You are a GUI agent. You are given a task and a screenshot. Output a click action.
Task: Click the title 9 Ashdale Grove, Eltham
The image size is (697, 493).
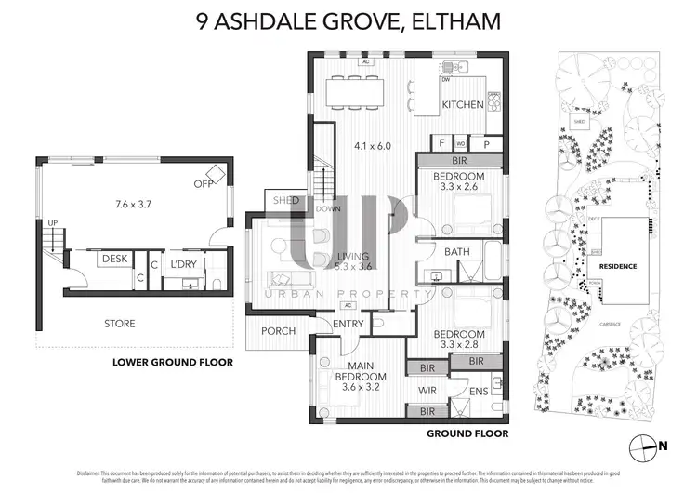click(x=348, y=20)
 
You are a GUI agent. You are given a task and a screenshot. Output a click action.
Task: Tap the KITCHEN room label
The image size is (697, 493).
click(x=462, y=105)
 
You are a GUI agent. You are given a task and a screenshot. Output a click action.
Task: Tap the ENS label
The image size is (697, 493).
click(x=479, y=392)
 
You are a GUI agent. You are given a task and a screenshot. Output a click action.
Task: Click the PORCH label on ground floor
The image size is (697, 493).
click(x=279, y=331)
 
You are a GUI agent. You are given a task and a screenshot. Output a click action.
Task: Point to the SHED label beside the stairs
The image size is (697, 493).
click(x=285, y=200)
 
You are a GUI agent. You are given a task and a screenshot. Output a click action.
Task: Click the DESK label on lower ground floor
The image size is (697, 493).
click(x=114, y=260)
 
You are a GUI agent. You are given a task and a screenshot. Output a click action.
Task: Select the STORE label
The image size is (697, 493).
click(x=119, y=324)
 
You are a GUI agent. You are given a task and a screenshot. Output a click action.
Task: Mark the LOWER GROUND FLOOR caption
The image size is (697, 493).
click(x=172, y=362)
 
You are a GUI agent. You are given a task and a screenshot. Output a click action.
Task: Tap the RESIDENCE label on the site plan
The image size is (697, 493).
click(x=617, y=266)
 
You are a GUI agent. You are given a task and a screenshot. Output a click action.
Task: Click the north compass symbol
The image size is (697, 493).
click(x=642, y=446)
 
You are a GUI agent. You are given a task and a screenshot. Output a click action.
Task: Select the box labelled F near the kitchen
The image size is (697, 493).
click(x=442, y=145)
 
